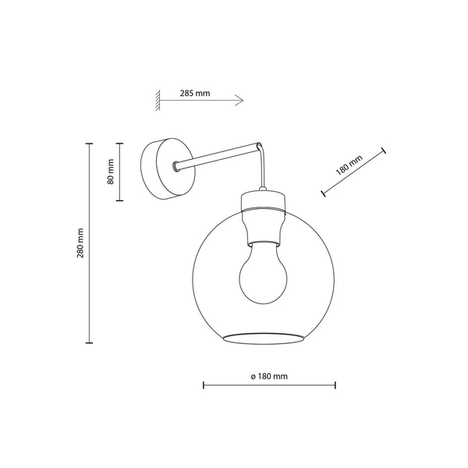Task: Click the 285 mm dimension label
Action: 194,93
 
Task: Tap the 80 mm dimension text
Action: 111,172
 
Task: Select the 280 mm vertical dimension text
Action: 80,245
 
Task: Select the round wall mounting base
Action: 165,168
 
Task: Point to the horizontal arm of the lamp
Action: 218,154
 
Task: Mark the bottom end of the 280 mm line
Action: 89,343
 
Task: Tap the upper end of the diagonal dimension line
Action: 385,148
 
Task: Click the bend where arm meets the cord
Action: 261,145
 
